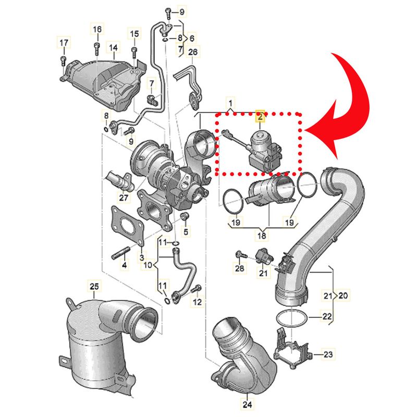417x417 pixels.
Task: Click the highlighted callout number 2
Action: (x=260, y=116)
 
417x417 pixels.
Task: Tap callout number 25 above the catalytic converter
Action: (x=94, y=286)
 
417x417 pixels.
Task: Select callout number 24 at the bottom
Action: (x=247, y=404)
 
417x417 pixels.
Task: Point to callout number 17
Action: (x=64, y=42)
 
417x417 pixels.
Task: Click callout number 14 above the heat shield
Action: (x=113, y=47)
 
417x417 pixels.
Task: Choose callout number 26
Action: (x=193, y=52)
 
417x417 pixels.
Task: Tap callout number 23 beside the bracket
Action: (x=328, y=354)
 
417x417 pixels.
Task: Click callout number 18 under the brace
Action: (x=262, y=236)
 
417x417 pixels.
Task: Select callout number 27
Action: (x=124, y=198)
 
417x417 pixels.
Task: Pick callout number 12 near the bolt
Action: (x=197, y=302)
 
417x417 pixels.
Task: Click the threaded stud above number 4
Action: (x=120, y=253)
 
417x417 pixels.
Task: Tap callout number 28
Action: (x=240, y=268)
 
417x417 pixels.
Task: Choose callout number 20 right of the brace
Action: (x=343, y=295)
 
